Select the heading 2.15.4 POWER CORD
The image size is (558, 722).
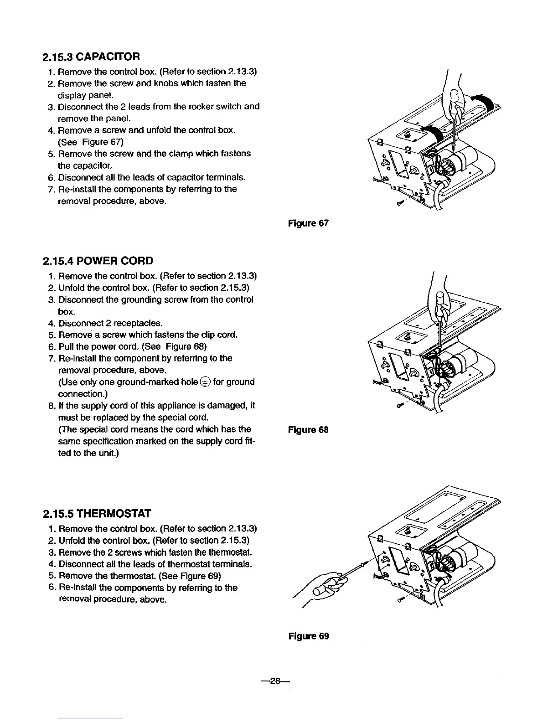coord(98,261)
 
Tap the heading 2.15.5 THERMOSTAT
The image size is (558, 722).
coord(96,514)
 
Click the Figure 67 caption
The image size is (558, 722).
coord(308,223)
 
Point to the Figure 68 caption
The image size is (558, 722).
coord(308,430)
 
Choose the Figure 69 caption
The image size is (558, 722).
coord(308,636)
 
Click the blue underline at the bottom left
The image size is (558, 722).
coord(91,718)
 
